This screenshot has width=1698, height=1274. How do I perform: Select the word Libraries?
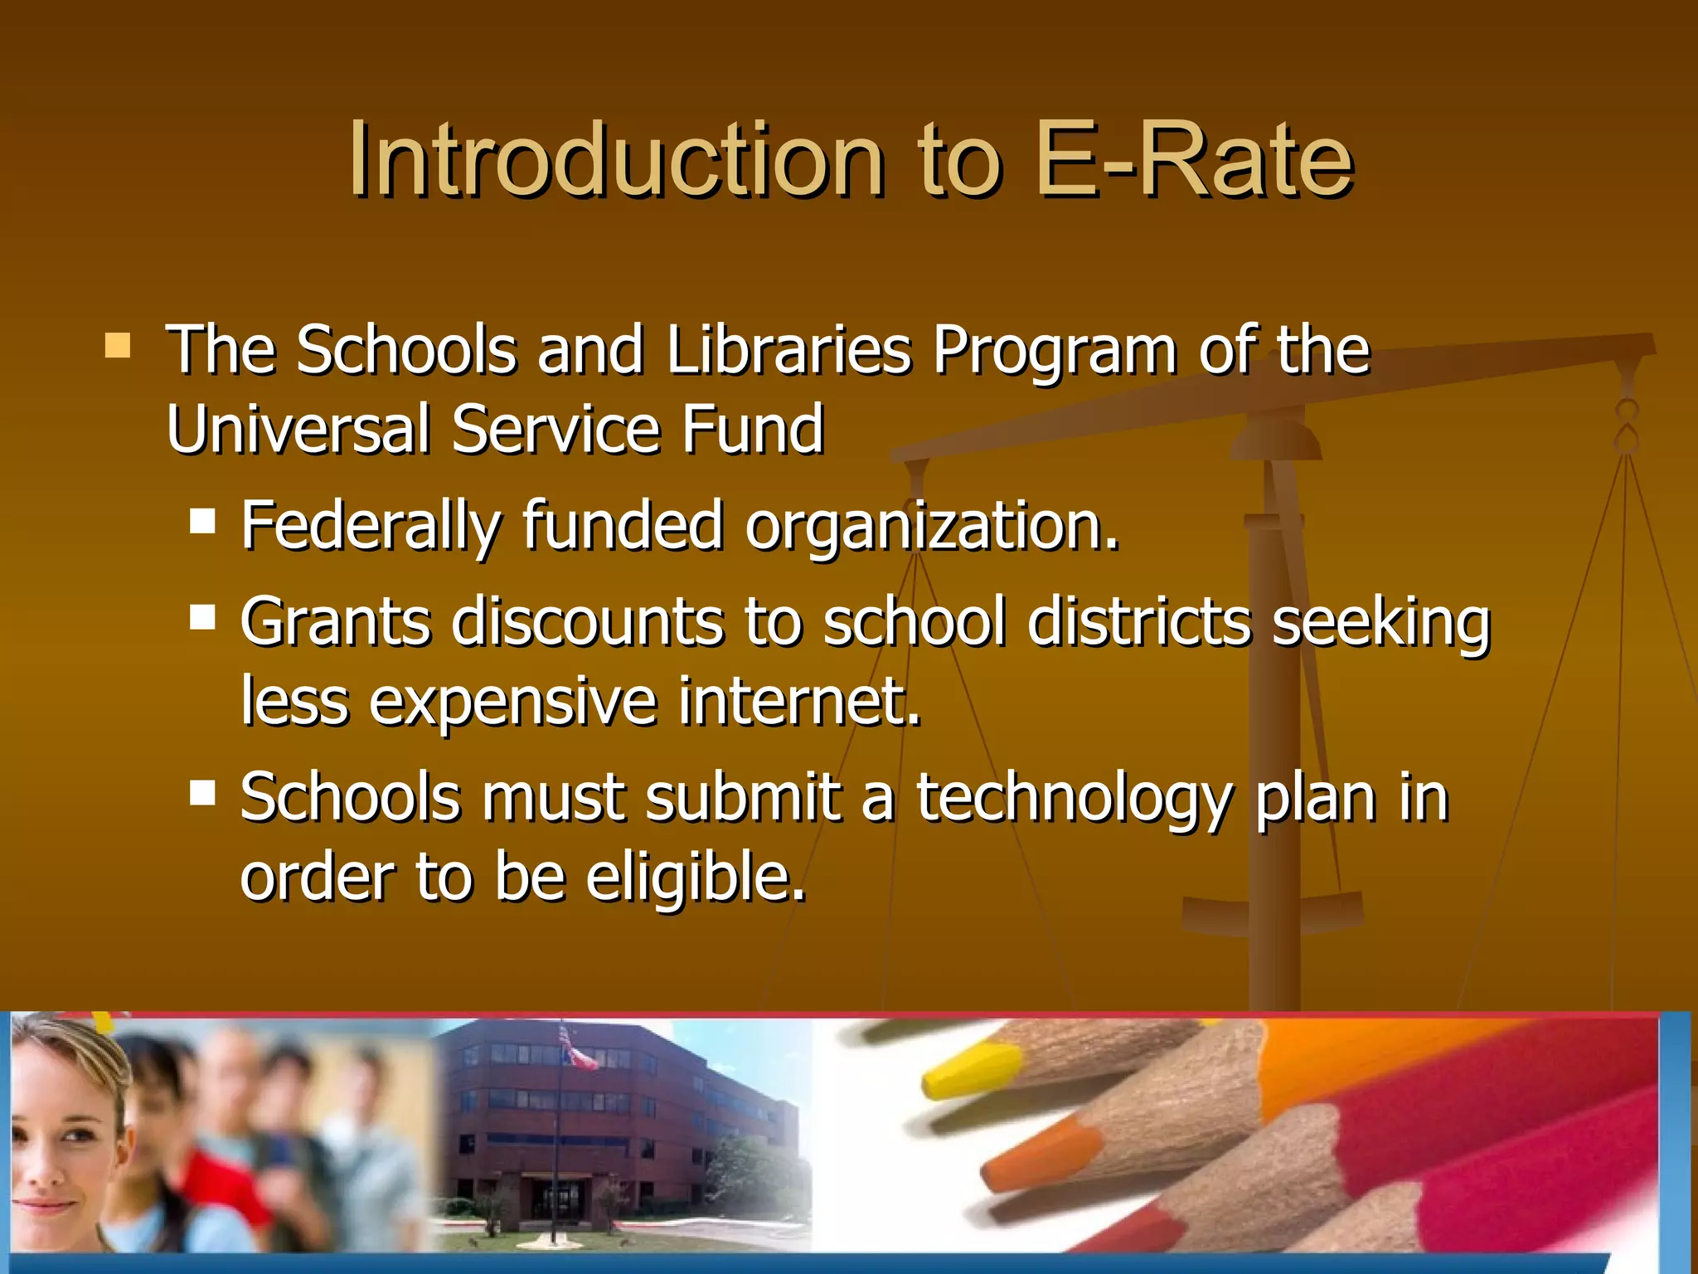coord(788,350)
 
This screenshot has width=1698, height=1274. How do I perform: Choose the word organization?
coord(932,528)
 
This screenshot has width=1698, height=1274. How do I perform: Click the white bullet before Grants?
coord(202,617)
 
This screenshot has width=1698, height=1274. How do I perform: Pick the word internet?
coord(799,702)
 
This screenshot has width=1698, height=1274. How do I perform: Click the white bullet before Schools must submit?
coord(202,793)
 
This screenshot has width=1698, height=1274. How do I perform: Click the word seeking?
coord(1381,622)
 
